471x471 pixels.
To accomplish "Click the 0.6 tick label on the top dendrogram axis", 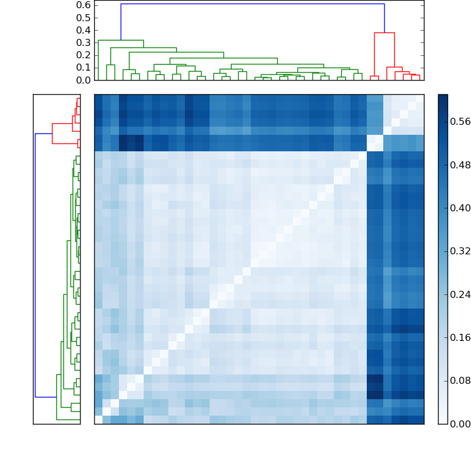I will [x=84, y=5].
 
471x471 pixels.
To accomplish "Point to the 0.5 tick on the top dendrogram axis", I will [x=84, y=17].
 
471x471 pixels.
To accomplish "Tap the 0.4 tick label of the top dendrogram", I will [x=84, y=30].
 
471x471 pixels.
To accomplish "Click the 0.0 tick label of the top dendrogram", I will [x=84, y=80].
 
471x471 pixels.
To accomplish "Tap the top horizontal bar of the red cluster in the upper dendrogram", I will [x=384, y=33].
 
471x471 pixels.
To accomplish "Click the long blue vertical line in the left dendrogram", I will [x=35, y=265].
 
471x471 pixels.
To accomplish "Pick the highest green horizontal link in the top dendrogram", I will [x=121, y=40].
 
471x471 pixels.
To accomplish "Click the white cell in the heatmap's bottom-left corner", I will [x=98, y=420].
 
